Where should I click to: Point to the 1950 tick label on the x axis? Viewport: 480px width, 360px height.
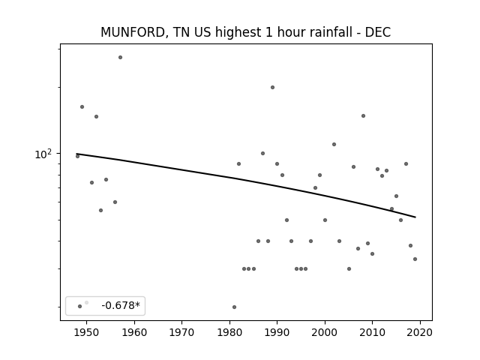point(87,332)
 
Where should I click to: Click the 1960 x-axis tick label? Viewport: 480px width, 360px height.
point(134,332)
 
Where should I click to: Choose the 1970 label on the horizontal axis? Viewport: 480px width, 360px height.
point(181,332)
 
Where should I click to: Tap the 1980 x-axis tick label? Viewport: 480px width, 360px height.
point(229,332)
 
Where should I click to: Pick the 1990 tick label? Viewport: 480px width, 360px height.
point(277,332)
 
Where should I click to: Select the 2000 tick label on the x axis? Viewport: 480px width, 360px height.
point(325,332)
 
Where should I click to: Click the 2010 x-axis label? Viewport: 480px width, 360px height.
point(372,332)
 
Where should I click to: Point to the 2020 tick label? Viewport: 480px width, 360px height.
point(420,332)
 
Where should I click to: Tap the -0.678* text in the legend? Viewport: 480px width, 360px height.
point(121,305)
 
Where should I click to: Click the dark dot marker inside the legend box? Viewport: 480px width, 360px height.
point(80,307)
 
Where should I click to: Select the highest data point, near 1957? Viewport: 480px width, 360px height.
point(120,57)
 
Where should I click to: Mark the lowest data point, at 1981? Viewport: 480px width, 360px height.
point(234,307)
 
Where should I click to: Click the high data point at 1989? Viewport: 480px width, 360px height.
point(272,87)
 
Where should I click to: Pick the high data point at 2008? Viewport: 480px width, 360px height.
point(363,115)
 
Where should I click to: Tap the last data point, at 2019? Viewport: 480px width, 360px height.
point(415,259)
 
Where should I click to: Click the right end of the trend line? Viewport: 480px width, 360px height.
point(415,217)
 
